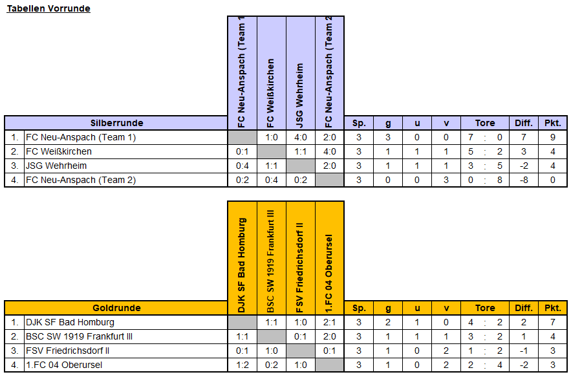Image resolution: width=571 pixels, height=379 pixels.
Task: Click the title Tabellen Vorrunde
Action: point(48,8)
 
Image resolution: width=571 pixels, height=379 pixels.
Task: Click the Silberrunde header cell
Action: point(116,123)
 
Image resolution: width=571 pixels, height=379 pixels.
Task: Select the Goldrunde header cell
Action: point(116,308)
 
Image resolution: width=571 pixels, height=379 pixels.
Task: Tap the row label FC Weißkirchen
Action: point(59,151)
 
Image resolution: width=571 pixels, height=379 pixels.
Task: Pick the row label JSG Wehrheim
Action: point(56,166)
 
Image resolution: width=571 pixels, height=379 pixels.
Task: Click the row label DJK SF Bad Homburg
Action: point(70,322)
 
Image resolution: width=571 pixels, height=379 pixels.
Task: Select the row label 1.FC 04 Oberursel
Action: point(64,365)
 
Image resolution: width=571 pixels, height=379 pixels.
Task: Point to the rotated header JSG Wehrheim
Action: point(300,95)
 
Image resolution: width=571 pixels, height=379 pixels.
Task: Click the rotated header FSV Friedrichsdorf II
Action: point(300,268)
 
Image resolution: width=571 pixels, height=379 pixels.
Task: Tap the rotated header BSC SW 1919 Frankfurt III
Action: point(271,261)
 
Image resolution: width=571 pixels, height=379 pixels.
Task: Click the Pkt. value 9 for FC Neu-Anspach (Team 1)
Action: point(553,137)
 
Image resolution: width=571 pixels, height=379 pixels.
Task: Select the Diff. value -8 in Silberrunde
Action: point(524,180)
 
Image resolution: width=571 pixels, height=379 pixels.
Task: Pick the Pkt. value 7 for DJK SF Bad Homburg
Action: point(553,322)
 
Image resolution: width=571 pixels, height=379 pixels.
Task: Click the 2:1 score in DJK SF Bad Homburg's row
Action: point(330,322)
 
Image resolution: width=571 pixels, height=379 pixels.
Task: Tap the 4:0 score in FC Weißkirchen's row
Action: point(330,151)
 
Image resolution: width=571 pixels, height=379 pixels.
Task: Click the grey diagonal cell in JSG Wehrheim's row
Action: point(301,166)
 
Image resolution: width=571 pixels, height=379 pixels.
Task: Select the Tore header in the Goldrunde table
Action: point(485,308)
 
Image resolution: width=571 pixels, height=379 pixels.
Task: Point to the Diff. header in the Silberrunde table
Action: point(524,123)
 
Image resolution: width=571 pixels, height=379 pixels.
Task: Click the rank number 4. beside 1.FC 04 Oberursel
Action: point(15,365)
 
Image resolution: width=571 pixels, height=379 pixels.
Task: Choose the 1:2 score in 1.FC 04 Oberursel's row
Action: point(242,365)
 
